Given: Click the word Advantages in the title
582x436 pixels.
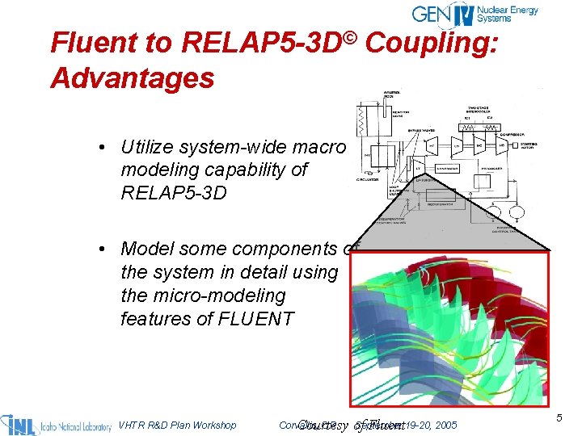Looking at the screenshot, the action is pos(132,78).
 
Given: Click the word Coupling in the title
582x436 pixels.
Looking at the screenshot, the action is pos(433,41).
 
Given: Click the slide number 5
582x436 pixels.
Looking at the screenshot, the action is pos(559,417).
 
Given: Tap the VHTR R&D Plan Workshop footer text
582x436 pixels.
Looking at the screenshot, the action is pos(177,425).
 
